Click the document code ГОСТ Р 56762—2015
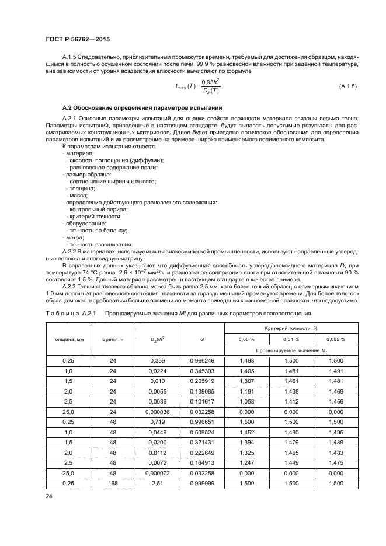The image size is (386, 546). coord(78,40)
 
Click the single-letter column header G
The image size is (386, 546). coord(201,339)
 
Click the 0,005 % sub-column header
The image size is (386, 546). coord(336,339)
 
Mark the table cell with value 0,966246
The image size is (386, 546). coord(201,361)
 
